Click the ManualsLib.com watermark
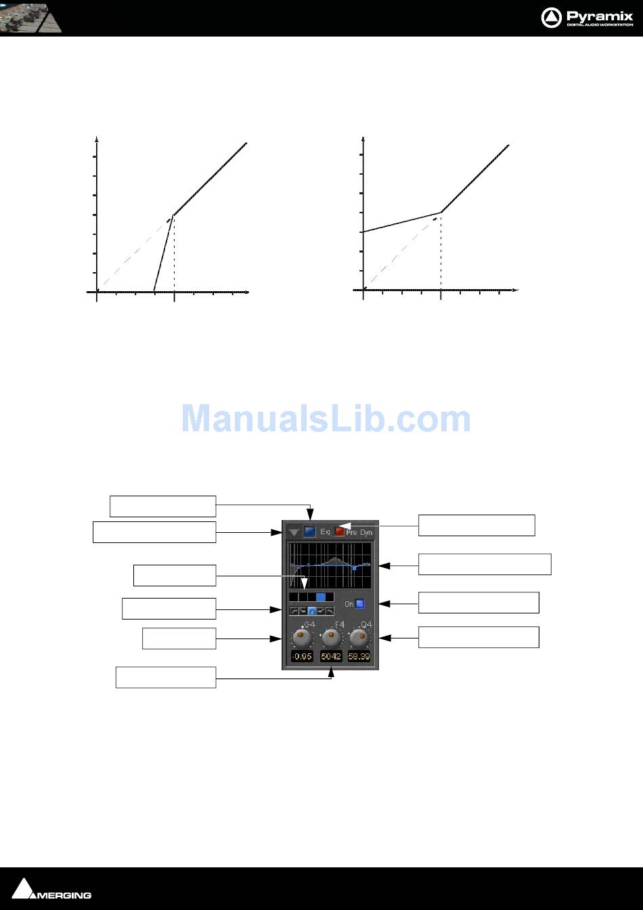[326, 418]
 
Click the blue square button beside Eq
[310, 532]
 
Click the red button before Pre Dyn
[339, 532]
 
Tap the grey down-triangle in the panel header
[294, 533]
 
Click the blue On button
[360, 603]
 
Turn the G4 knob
[302, 638]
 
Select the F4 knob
[331, 638]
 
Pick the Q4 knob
[360, 638]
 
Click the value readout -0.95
[302, 657]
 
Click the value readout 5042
[331, 657]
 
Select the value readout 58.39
[359, 657]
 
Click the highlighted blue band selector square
[321, 597]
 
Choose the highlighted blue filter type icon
[312, 611]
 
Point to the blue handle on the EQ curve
[354, 568]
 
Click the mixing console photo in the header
[31, 17]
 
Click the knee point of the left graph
[174, 215]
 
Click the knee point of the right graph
[441, 213]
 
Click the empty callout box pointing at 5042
[166, 677]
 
